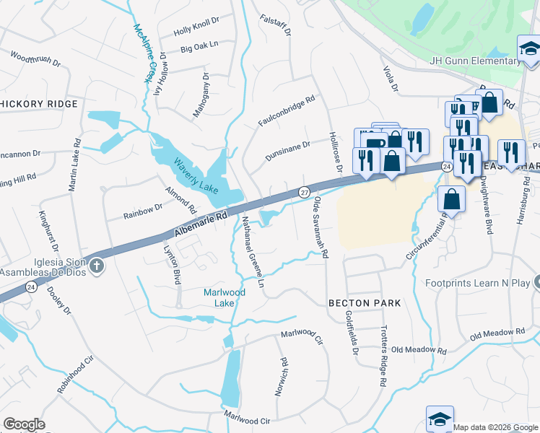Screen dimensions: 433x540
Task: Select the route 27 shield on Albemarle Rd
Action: (x=304, y=192)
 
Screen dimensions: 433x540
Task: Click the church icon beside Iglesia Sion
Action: (x=97, y=267)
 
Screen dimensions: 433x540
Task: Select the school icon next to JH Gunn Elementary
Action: (x=529, y=49)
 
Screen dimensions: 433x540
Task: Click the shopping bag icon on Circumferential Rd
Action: (x=451, y=198)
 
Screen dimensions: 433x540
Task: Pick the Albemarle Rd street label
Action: (x=201, y=224)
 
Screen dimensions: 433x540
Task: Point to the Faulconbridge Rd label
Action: (x=287, y=112)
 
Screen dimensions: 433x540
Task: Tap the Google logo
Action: (x=24, y=424)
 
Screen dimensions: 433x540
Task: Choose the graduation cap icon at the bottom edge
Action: (x=440, y=419)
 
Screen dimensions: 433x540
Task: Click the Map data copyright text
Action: (x=495, y=427)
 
